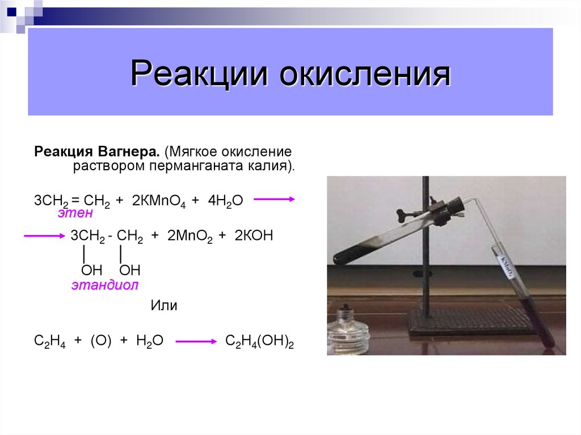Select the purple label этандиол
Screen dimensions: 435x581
coord(104,285)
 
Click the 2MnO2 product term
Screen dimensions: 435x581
coord(190,236)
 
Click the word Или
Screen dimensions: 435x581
coord(164,306)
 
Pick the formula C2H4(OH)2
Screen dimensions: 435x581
coord(259,341)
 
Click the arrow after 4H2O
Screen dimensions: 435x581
coord(274,199)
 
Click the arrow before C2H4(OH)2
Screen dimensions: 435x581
coord(196,341)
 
